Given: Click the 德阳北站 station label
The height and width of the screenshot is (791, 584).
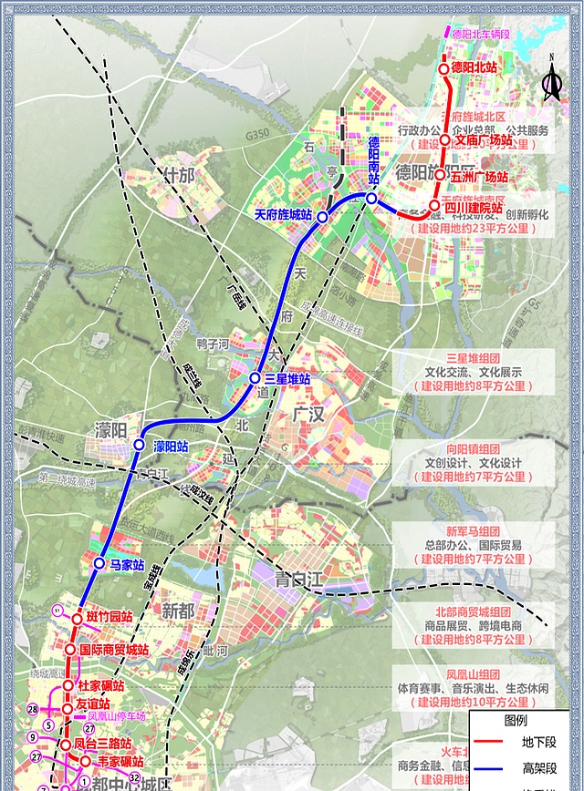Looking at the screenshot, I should pos(474,68).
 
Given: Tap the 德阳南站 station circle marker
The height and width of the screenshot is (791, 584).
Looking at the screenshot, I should pos(372,198).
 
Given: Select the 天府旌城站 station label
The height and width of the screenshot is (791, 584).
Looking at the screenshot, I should pos(283,215).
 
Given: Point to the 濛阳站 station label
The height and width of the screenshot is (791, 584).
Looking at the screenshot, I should pos(171,446).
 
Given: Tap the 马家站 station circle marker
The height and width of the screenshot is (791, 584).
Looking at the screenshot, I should pos(99,564).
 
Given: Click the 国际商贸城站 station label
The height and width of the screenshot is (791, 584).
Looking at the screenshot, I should pos(114,650).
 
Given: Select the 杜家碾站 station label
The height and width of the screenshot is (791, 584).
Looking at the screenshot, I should pos(100,685).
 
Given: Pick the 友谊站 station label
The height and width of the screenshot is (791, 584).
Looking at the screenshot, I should pos(93,704).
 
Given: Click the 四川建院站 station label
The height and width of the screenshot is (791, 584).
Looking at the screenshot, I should pos(473,208).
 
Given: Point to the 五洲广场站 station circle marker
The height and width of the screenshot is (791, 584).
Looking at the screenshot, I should pos(440,175).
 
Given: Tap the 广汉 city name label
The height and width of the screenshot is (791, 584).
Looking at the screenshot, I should pos(309,416).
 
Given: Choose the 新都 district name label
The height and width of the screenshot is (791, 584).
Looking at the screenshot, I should pos(179,611).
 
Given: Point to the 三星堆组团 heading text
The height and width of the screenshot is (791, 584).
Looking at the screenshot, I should pos(473,358).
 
